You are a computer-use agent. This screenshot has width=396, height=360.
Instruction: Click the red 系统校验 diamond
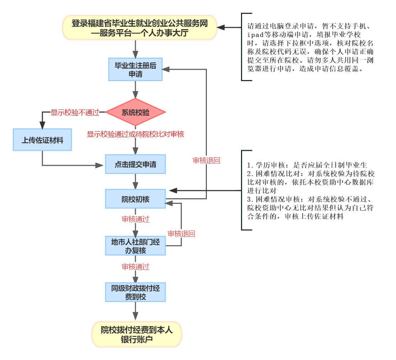pyautogui.click(x=135, y=113)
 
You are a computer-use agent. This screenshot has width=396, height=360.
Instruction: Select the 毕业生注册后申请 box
pyautogui.click(x=135, y=69)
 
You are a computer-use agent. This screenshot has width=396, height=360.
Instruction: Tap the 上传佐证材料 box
pyautogui.click(x=43, y=140)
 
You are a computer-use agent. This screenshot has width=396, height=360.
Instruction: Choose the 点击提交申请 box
pyautogui.click(x=135, y=165)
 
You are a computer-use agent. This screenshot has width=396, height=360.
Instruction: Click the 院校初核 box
pyautogui.click(x=135, y=199)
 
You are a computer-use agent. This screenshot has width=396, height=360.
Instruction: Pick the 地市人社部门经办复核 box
pyautogui.click(x=135, y=246)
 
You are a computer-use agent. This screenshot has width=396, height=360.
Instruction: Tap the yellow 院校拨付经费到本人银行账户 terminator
pyautogui.click(x=137, y=335)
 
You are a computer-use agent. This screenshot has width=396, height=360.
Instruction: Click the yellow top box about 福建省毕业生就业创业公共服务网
pyautogui.click(x=139, y=28)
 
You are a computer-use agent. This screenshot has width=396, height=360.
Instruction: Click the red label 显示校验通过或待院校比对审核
pyautogui.click(x=135, y=134)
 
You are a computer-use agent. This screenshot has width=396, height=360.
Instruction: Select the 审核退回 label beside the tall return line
pyautogui.click(x=206, y=160)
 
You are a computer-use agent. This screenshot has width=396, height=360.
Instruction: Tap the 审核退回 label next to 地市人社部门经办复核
pyautogui.click(x=181, y=234)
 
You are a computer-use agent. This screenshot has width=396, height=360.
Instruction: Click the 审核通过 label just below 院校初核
pyautogui.click(x=135, y=219)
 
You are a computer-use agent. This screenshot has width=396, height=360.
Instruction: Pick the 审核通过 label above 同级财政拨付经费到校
pyautogui.click(x=135, y=266)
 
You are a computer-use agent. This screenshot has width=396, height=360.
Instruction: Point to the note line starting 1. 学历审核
pyautogui.click(x=307, y=165)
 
